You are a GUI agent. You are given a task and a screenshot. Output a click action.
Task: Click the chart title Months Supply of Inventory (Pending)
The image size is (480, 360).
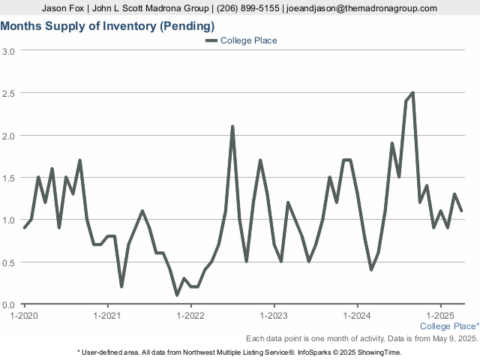coord(107,26)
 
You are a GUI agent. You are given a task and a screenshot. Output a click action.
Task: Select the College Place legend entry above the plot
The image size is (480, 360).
coord(241,40)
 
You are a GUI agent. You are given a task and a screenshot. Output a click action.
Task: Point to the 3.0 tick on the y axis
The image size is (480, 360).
coord(8,51)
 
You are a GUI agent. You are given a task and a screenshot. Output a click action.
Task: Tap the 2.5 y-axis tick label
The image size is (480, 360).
coord(8,93)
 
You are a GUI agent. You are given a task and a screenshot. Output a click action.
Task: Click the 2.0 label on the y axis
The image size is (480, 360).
coord(8,136)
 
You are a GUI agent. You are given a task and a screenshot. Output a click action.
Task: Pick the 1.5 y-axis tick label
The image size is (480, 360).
coord(8,178)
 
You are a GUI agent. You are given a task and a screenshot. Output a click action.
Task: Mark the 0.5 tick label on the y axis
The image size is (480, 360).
coord(8,263)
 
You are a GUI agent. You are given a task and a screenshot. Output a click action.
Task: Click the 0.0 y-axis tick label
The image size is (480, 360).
coord(8,305)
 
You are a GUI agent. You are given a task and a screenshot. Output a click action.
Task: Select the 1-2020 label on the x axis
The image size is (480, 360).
coord(24,315)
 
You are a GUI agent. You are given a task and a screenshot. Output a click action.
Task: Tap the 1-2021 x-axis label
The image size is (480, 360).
coord(107,315)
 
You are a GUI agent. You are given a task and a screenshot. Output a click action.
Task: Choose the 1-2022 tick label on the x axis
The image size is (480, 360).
coord(190,315)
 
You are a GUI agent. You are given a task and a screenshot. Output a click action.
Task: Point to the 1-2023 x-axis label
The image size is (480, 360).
coord(274,315)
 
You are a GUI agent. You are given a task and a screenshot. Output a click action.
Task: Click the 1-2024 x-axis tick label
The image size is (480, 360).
coord(357,315)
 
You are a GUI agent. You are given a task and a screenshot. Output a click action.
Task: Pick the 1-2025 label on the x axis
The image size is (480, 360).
coord(440,315)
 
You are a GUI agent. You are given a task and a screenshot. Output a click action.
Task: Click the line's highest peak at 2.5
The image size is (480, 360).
coord(413,93)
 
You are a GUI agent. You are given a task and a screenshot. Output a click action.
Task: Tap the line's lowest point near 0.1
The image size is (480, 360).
coord(177,295)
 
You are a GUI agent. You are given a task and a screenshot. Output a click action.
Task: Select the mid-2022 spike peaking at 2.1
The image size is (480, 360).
coord(232,127)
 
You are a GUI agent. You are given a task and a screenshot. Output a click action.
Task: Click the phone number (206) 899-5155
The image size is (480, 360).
coord(247,8)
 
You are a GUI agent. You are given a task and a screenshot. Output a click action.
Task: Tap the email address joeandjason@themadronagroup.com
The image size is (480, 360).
coord(361,8)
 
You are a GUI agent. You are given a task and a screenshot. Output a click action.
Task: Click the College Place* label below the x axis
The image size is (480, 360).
coord(449,326)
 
